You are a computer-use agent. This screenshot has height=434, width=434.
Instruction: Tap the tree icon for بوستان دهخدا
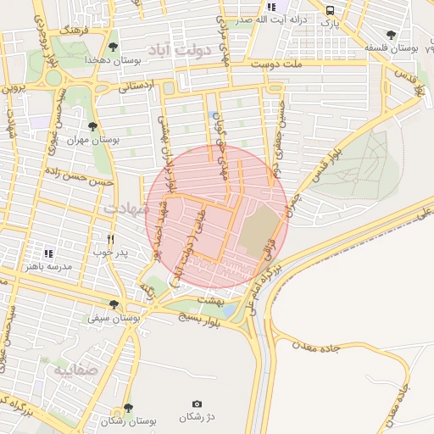tap(114, 47)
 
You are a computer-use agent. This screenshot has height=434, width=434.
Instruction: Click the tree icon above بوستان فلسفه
tap(390, 35)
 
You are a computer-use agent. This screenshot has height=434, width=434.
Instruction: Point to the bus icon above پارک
tap(330, 10)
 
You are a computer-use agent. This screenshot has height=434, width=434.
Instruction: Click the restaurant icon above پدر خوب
tap(110, 238)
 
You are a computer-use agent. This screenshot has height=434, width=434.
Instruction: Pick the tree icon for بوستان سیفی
tap(114, 304)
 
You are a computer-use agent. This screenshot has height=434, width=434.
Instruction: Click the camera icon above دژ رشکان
tap(197, 403)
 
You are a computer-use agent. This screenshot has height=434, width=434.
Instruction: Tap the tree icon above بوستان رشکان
tap(128, 408)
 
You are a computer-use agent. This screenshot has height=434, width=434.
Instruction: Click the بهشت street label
tap(208, 299)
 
